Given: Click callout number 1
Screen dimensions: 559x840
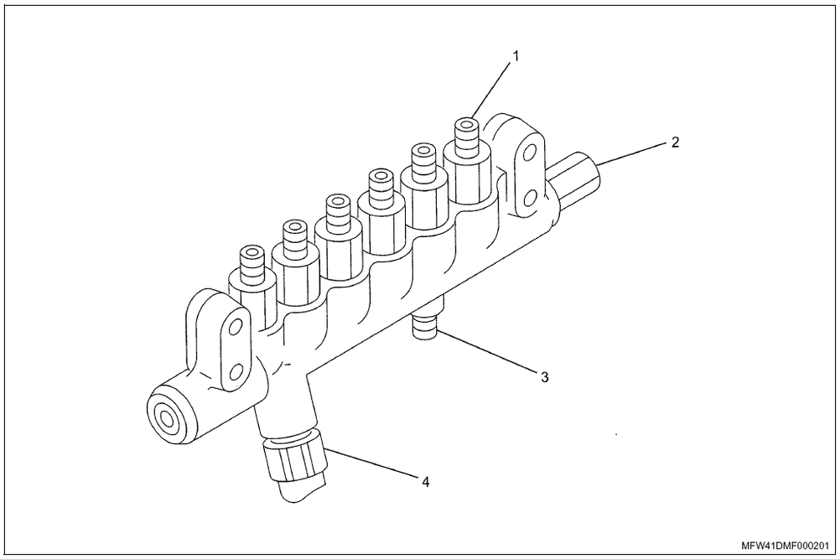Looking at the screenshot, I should click(516, 57).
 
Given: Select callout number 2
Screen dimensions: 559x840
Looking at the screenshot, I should click(674, 142).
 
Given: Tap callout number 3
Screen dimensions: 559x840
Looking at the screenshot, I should click(544, 377).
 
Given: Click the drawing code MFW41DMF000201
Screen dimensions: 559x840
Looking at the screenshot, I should click(784, 545).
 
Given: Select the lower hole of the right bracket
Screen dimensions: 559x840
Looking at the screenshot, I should click(529, 198).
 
